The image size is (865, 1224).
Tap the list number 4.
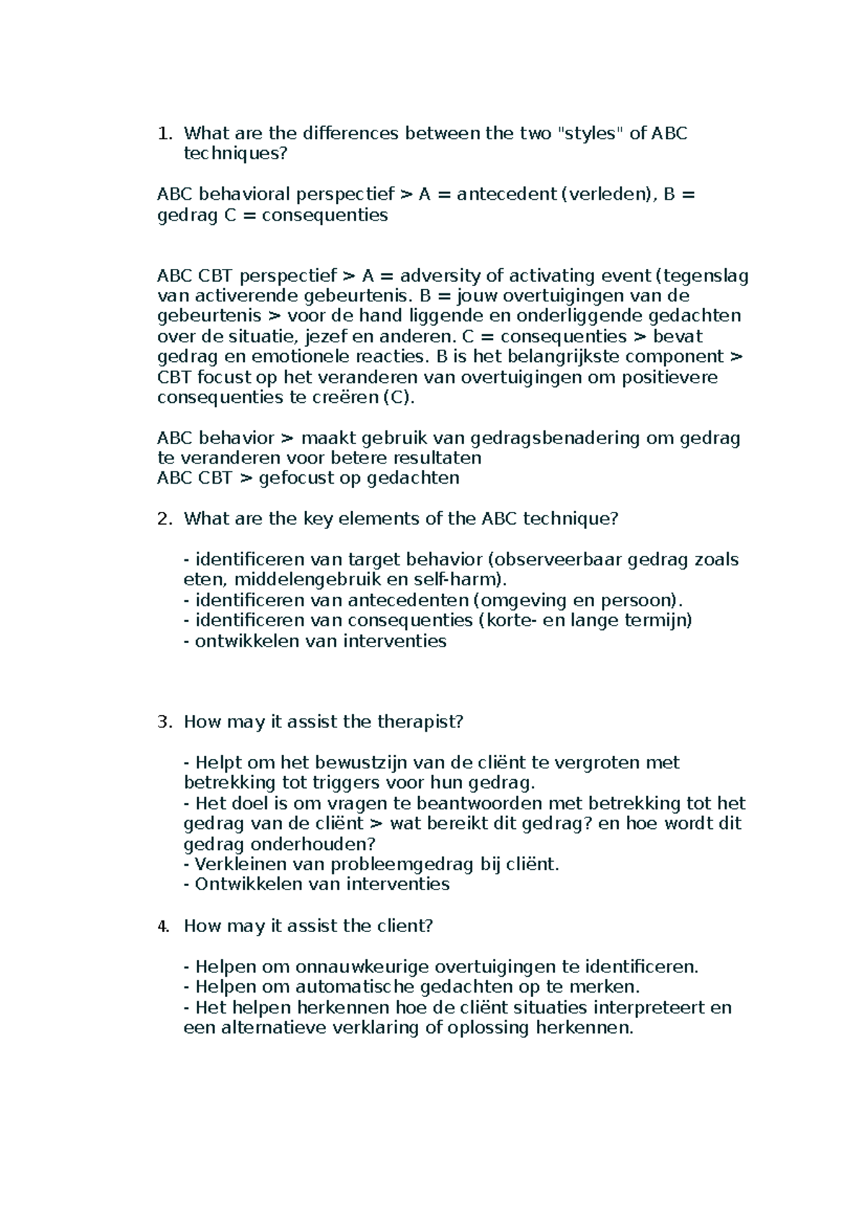click(164, 926)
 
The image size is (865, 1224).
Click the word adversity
click(440, 276)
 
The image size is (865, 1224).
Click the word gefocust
click(296, 479)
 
